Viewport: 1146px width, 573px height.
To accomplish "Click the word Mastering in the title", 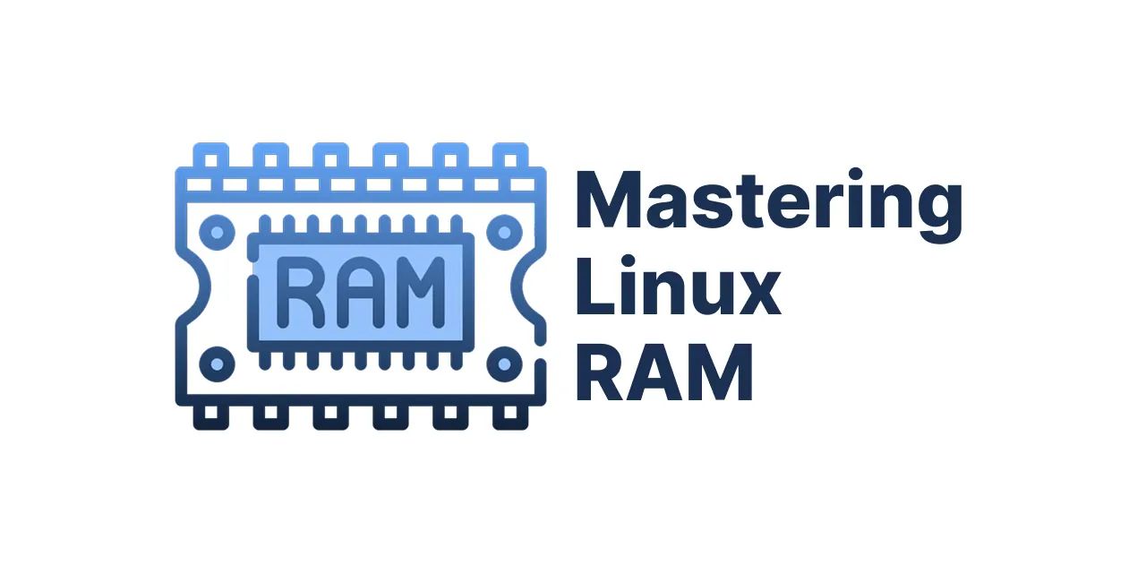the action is point(769,206).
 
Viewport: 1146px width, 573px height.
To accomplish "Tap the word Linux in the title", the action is point(679,285).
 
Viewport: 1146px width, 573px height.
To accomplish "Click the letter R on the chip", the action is point(300,292).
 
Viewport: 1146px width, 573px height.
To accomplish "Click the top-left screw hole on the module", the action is point(217,233).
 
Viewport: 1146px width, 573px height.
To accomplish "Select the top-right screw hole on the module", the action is point(504,233).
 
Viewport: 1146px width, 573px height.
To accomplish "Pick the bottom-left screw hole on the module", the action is point(217,364).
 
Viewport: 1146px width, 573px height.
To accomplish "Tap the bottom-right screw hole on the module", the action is point(504,364).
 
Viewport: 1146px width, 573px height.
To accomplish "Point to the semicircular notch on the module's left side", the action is point(196,286).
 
